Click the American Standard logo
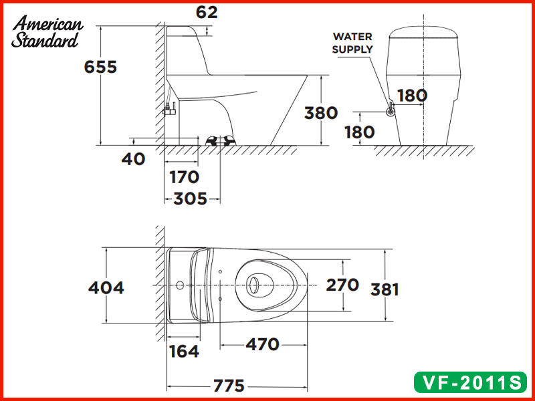(47, 32)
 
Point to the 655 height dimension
(100, 67)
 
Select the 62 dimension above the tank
(207, 12)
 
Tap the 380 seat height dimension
(321, 113)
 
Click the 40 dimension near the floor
(134, 159)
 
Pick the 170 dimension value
(184, 177)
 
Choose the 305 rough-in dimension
(190, 198)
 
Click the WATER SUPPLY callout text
(352, 43)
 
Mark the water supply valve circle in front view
(391, 112)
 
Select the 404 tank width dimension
(106, 287)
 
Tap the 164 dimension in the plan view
(183, 351)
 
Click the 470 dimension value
(262, 345)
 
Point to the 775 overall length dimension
(229, 386)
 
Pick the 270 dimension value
(342, 285)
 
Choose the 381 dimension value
(386, 289)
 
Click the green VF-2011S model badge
(468, 382)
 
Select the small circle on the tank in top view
(180, 285)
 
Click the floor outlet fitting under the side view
(221, 140)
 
